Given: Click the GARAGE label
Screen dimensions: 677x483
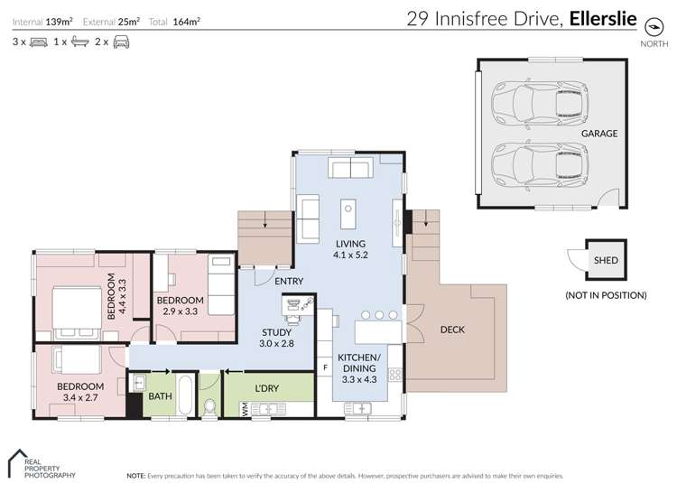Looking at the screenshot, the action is pyautogui.click(x=599, y=134).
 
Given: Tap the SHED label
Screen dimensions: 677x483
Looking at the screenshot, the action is pyautogui.click(x=606, y=260).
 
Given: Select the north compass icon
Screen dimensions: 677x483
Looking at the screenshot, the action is pyautogui.click(x=654, y=27).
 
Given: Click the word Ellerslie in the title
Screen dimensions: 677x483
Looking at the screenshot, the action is pyautogui.click(x=603, y=19).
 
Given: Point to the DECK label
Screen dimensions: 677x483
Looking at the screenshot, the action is pyautogui.click(x=452, y=330).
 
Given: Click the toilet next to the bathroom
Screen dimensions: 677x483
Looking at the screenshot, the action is pyautogui.click(x=209, y=406).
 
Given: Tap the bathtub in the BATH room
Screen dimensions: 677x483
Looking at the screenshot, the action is pyautogui.click(x=185, y=395).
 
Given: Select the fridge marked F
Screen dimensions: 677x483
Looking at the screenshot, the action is pyautogui.click(x=325, y=367).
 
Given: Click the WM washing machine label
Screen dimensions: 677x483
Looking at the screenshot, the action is pyautogui.click(x=245, y=409).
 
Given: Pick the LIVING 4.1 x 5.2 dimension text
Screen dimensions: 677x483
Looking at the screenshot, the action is pyautogui.click(x=350, y=255).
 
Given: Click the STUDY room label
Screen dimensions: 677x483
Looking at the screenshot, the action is pyautogui.click(x=276, y=332).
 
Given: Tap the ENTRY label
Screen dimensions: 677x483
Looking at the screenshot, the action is pyautogui.click(x=289, y=281).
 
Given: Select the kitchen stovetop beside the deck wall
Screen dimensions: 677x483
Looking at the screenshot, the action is pyautogui.click(x=394, y=375).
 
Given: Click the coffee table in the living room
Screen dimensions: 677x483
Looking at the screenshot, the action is pyautogui.click(x=348, y=214).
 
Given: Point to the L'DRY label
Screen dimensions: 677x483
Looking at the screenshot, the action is pyautogui.click(x=267, y=388).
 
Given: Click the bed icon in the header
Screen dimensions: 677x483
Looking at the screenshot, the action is pyautogui.click(x=39, y=42).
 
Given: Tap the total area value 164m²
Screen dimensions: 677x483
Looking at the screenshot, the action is pyautogui.click(x=187, y=22).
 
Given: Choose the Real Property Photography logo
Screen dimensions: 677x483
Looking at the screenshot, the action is pyautogui.click(x=42, y=464).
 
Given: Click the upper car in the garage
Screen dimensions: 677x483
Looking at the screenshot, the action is pyautogui.click(x=540, y=104).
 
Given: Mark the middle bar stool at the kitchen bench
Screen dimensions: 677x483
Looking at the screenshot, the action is pyautogui.click(x=379, y=315).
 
